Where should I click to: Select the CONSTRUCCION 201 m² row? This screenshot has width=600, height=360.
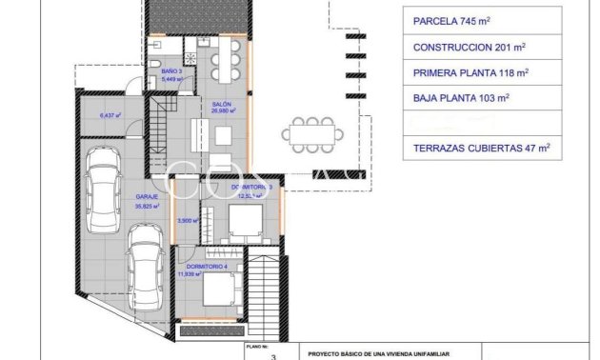point(470,47)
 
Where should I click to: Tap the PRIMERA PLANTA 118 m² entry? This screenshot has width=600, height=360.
point(470,72)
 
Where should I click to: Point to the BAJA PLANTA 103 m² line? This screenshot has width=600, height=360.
point(461,97)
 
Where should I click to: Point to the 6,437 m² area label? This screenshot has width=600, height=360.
point(112,116)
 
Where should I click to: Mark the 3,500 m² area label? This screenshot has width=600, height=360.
point(190,220)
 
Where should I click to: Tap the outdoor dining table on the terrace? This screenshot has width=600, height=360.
point(310,133)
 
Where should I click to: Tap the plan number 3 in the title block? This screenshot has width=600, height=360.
point(274,355)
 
